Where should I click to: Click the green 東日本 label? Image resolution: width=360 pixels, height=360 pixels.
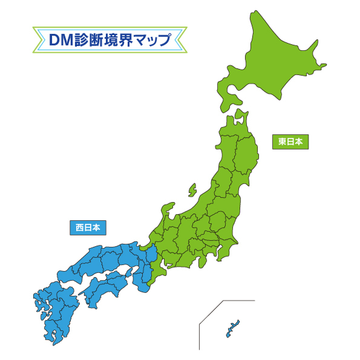(x=290, y=142)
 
